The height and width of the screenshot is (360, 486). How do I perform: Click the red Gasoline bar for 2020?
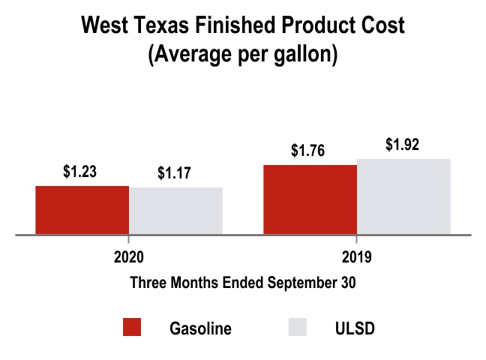point(82,210)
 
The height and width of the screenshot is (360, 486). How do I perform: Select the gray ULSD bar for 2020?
point(176,211)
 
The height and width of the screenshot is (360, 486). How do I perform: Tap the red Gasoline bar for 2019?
point(310,199)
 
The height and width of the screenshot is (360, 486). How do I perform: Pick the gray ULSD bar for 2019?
point(403,196)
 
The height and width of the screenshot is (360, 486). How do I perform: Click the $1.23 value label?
point(80,172)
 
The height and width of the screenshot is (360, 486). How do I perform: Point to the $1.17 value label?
point(175,173)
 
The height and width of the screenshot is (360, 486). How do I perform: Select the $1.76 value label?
point(307,150)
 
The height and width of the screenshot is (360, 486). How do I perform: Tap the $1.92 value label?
point(403,145)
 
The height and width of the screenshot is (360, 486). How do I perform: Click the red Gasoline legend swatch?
point(131,328)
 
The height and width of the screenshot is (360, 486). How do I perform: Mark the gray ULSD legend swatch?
point(298,328)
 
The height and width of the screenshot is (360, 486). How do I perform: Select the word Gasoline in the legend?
point(200,328)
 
